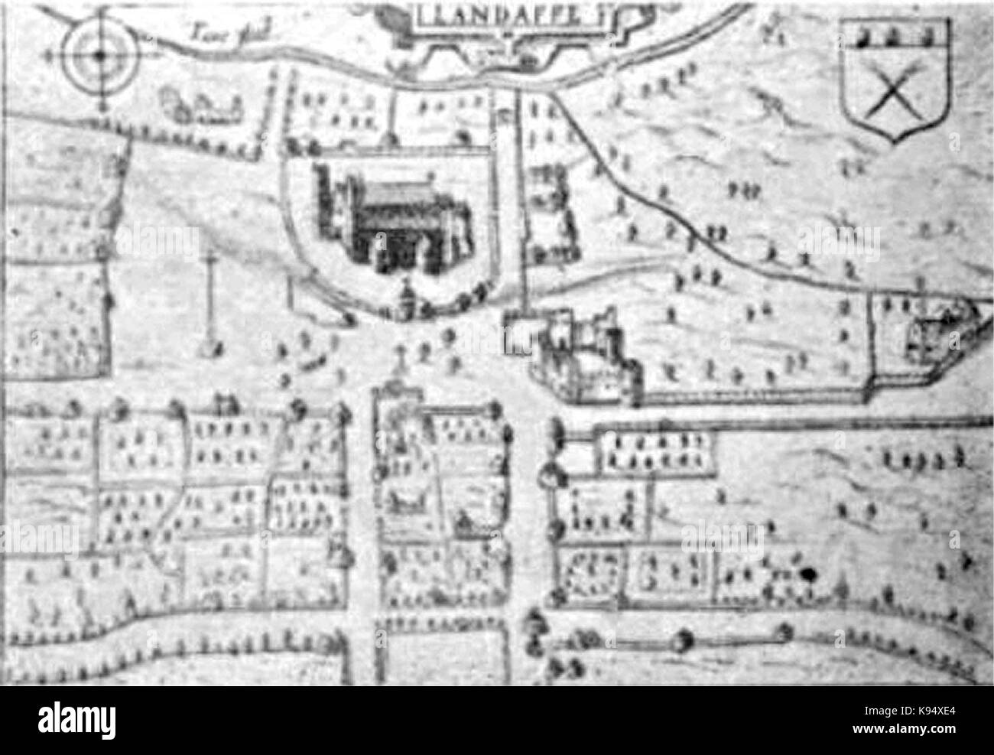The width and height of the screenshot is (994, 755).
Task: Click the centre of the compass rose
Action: pyautogui.click(x=100, y=54)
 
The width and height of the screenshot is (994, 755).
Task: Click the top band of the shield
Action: pyautogui.click(x=895, y=34)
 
